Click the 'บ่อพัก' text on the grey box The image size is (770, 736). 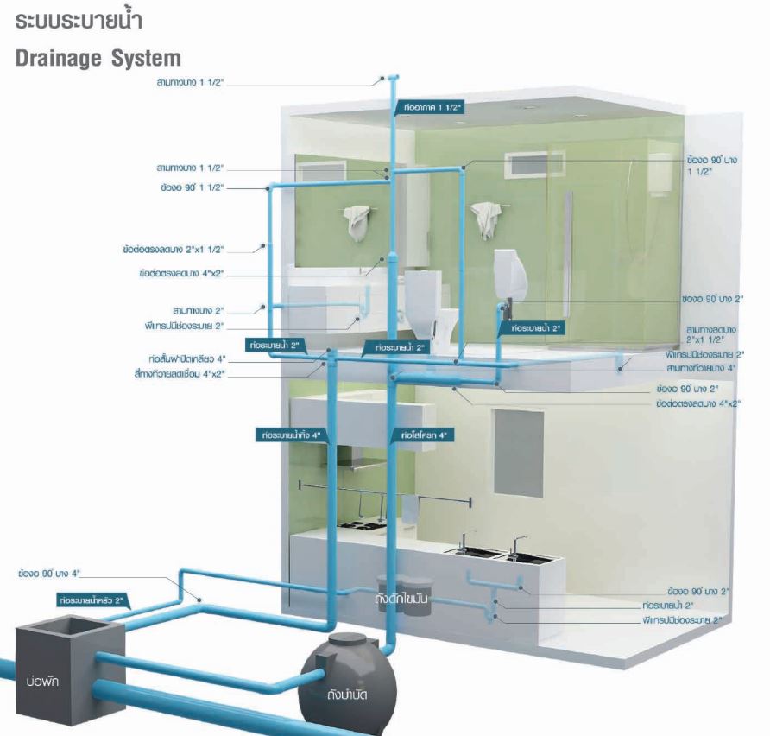[x=41, y=683]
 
